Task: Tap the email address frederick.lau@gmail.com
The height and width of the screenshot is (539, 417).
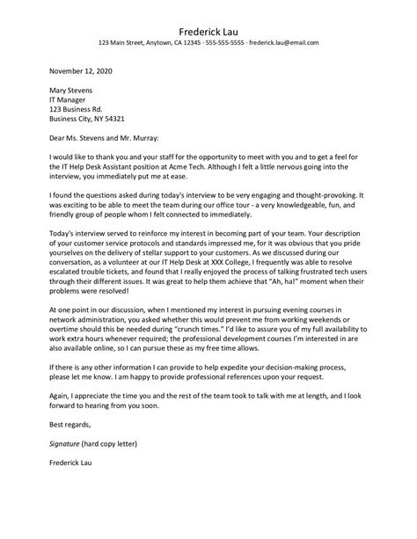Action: (x=284, y=42)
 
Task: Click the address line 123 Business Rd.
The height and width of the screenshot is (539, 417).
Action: (x=74, y=115)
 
